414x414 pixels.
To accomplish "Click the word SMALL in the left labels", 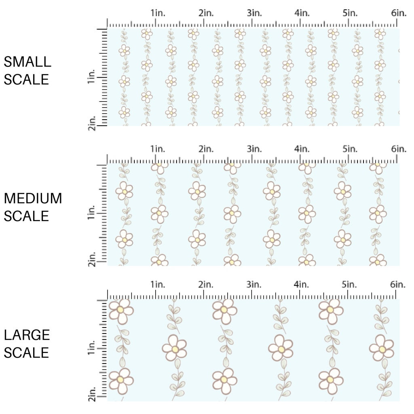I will [x=27, y=62].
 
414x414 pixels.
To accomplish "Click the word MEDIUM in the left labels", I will [x=33, y=199].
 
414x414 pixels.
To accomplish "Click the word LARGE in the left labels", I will [x=27, y=335].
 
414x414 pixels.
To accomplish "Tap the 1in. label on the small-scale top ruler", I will [x=158, y=13].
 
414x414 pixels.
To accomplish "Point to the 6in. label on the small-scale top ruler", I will [x=399, y=13].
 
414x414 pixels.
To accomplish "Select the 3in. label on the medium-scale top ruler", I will [x=254, y=149].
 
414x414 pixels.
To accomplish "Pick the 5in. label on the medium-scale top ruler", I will [x=350, y=149].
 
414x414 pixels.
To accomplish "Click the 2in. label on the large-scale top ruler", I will [x=206, y=284].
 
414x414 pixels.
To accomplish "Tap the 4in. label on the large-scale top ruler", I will [x=302, y=284].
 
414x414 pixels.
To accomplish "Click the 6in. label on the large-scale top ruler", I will [x=399, y=284].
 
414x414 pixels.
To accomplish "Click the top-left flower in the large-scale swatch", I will [x=121, y=310].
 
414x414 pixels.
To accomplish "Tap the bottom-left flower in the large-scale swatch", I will [x=121, y=380].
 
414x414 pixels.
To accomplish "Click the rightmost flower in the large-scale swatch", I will [x=381, y=348].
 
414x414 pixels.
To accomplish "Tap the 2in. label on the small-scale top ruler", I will [x=206, y=13].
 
